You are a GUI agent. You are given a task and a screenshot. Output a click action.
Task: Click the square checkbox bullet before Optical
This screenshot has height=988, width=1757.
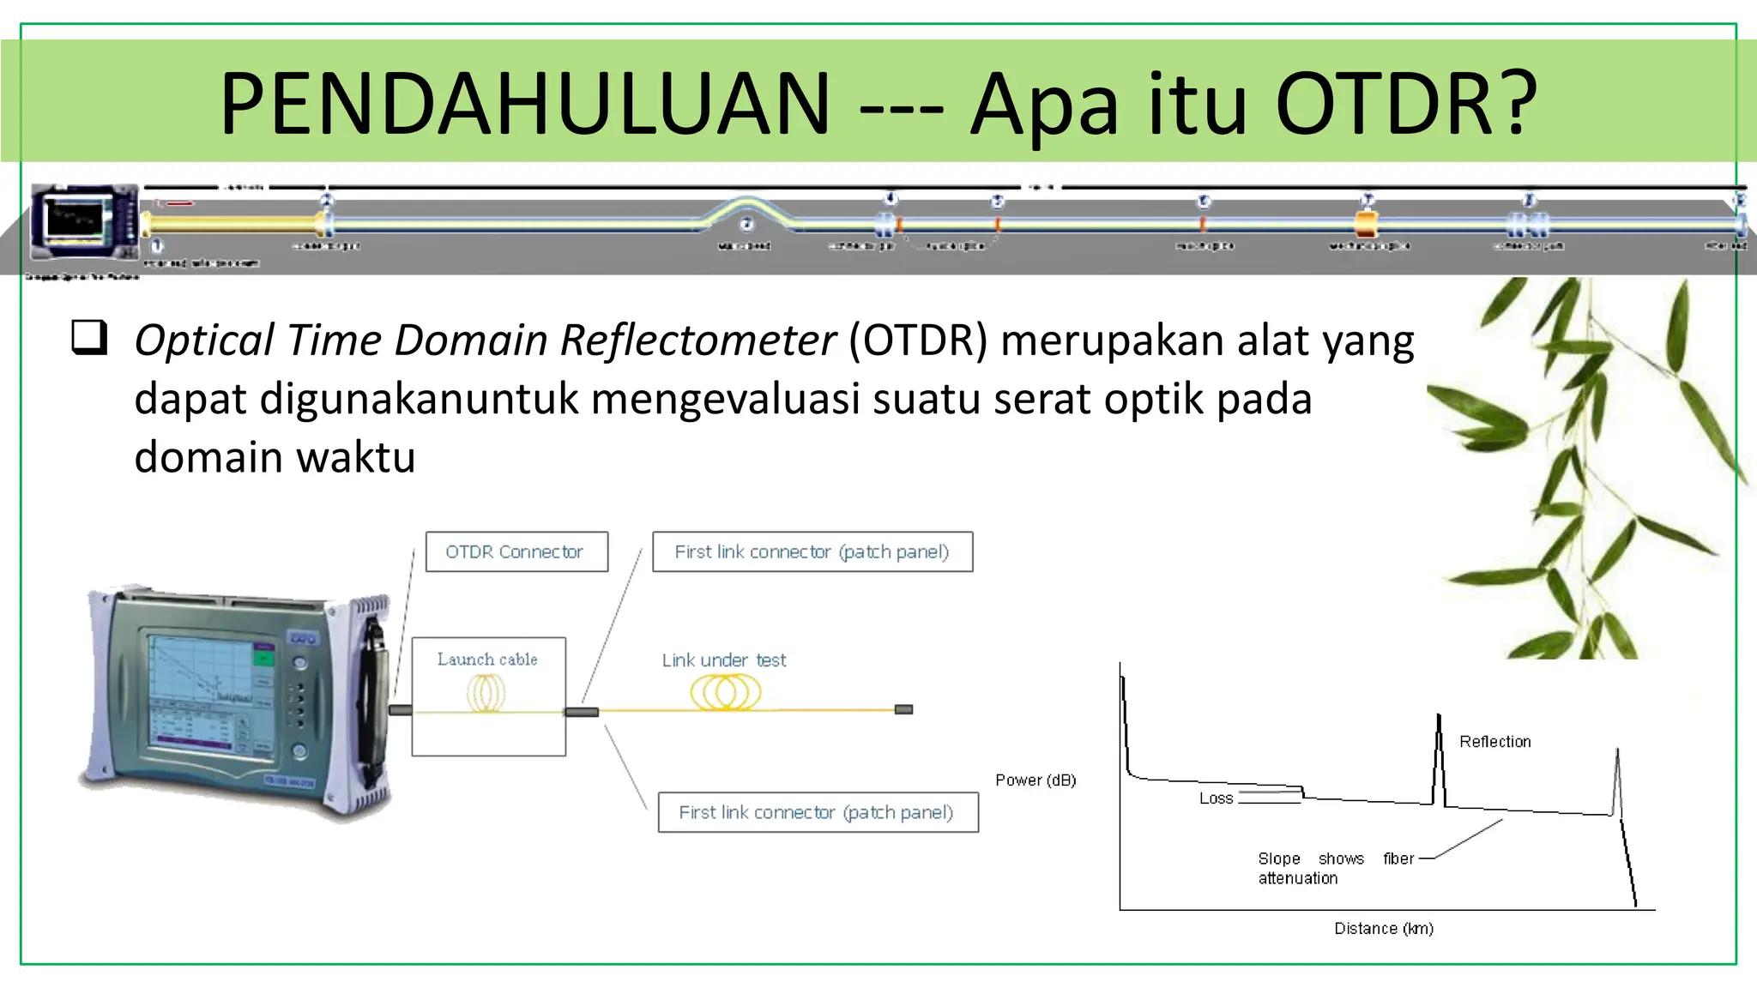(89, 337)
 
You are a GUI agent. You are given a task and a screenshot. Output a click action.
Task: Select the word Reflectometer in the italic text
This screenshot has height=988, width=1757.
(697, 340)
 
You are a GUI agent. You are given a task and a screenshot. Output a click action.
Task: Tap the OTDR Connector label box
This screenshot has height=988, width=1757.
(516, 551)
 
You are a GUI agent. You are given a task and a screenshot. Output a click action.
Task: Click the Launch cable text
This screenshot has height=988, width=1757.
(487, 660)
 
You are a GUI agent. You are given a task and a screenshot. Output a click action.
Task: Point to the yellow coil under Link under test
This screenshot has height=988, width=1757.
(726, 692)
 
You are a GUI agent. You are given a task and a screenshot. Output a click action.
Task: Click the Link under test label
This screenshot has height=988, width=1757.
(723, 660)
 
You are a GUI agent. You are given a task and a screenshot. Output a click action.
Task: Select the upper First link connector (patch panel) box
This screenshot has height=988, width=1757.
(812, 551)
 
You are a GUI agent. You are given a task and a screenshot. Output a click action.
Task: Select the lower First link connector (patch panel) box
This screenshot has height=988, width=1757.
(817, 812)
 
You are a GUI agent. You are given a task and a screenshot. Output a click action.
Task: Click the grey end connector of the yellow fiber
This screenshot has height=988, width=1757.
(903, 709)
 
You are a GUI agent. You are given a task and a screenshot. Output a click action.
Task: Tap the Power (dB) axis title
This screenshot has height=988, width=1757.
(1035, 780)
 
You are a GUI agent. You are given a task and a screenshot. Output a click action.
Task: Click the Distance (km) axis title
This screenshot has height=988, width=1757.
(1383, 929)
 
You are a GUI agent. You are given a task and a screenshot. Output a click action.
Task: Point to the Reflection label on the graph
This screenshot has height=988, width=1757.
(1494, 742)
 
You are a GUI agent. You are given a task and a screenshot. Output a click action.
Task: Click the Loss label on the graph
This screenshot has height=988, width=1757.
(1216, 798)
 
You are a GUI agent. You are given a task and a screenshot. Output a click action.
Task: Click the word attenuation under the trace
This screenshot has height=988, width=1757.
(1297, 878)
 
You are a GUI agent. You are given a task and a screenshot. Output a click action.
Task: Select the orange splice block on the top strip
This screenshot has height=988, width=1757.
(1366, 225)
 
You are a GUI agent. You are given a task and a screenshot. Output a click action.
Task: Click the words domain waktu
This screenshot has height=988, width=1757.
(275, 457)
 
